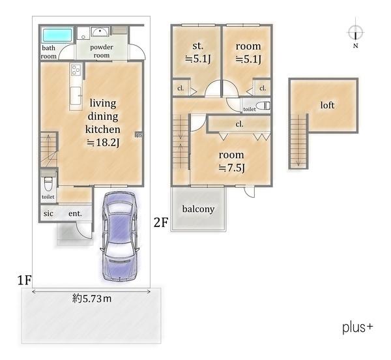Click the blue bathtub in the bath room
pyautogui.click(x=57, y=35)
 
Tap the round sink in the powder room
pyautogui.click(x=100, y=32)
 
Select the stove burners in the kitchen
pyautogui.click(x=76, y=69)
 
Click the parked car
pyautogui.click(x=119, y=237)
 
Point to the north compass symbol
pyautogui.click(x=356, y=33)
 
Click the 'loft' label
pyautogui.click(x=327, y=105)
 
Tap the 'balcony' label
pyautogui.click(x=198, y=209)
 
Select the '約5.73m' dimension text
pyautogui.click(x=92, y=299)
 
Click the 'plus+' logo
pyautogui.click(x=358, y=327)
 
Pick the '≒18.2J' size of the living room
pyautogui.click(x=103, y=142)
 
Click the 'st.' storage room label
pyautogui.click(x=197, y=46)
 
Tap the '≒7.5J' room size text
pyautogui.click(x=231, y=168)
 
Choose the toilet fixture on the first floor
pyautogui.click(x=48, y=183)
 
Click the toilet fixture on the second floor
pyautogui.click(x=263, y=106)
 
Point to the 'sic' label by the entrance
pyautogui.click(x=48, y=213)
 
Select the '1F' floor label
pyautogui.click(x=24, y=280)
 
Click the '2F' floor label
pyautogui.click(x=161, y=222)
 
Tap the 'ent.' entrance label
pyautogui.click(x=75, y=213)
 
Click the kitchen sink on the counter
pyautogui.click(x=76, y=96)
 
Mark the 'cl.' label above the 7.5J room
pyautogui.click(x=239, y=124)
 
